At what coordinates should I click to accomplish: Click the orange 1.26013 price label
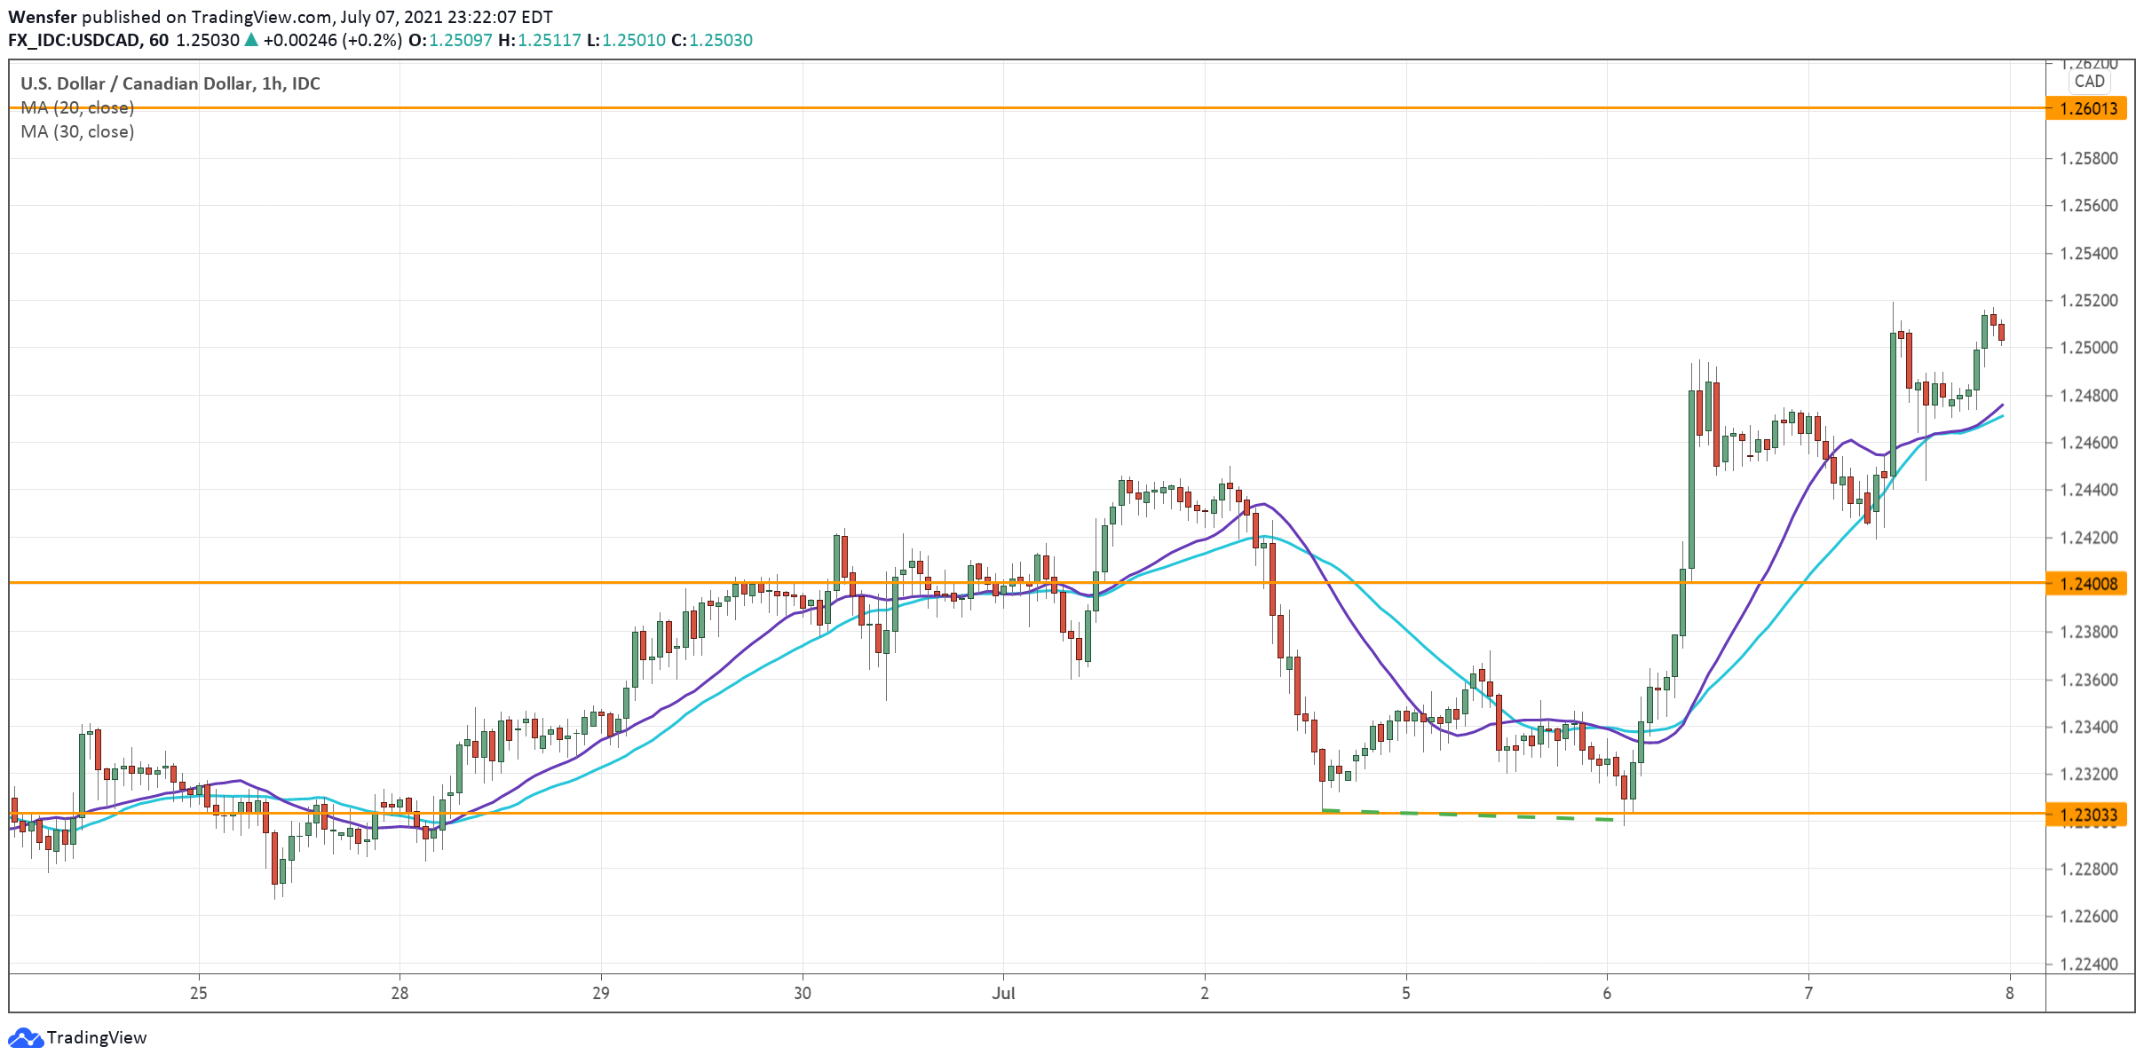[2087, 108]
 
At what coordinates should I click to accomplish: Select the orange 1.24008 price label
[2087, 583]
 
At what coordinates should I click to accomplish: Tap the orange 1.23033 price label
[2087, 814]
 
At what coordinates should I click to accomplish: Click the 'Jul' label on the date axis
[1003, 993]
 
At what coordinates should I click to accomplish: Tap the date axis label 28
[400, 993]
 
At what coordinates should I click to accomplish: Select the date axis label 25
[198, 993]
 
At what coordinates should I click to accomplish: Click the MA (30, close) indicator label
[77, 132]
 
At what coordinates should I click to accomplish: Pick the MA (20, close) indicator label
[77, 108]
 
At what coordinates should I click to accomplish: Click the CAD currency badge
[2089, 82]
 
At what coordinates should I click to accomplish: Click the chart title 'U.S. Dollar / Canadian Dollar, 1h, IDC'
[170, 83]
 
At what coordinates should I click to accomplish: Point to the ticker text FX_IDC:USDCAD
[75, 41]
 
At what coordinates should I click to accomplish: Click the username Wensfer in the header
[42, 17]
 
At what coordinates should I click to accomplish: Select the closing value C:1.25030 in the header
[712, 41]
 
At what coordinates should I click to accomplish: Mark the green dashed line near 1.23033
[1465, 815]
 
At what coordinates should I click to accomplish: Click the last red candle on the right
[2001, 332]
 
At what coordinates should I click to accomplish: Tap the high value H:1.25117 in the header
[540, 41]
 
